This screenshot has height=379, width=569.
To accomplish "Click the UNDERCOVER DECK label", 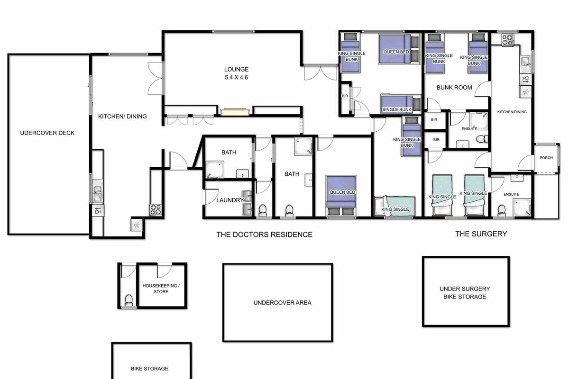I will tap(47, 133).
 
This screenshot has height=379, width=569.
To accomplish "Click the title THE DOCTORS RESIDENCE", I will tap(264, 234).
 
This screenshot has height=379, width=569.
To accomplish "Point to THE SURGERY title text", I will tap(481, 234).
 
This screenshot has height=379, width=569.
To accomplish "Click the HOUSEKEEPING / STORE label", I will tap(161, 289).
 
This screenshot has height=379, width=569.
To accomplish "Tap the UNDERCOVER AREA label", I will tap(282, 302).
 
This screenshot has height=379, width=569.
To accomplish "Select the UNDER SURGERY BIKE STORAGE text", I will tap(465, 292).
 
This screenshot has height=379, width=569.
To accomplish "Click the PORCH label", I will tap(546, 158).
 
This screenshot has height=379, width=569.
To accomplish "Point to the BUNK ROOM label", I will tap(454, 88).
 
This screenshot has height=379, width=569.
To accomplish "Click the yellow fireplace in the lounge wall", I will tap(235, 112).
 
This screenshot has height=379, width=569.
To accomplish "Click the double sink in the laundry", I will tap(247, 202).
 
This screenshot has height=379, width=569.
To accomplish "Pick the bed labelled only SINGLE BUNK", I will tap(400, 104).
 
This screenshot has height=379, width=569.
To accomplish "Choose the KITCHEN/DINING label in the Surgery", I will tap(511, 112).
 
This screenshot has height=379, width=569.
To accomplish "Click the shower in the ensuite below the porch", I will tap(521, 205).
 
